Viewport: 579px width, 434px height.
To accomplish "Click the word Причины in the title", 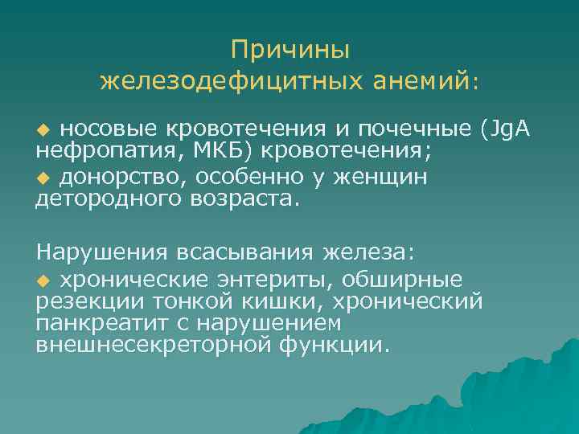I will coord(289,50).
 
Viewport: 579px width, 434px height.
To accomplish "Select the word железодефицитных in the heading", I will coord(234,80).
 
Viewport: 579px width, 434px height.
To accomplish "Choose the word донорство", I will coord(121,175).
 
